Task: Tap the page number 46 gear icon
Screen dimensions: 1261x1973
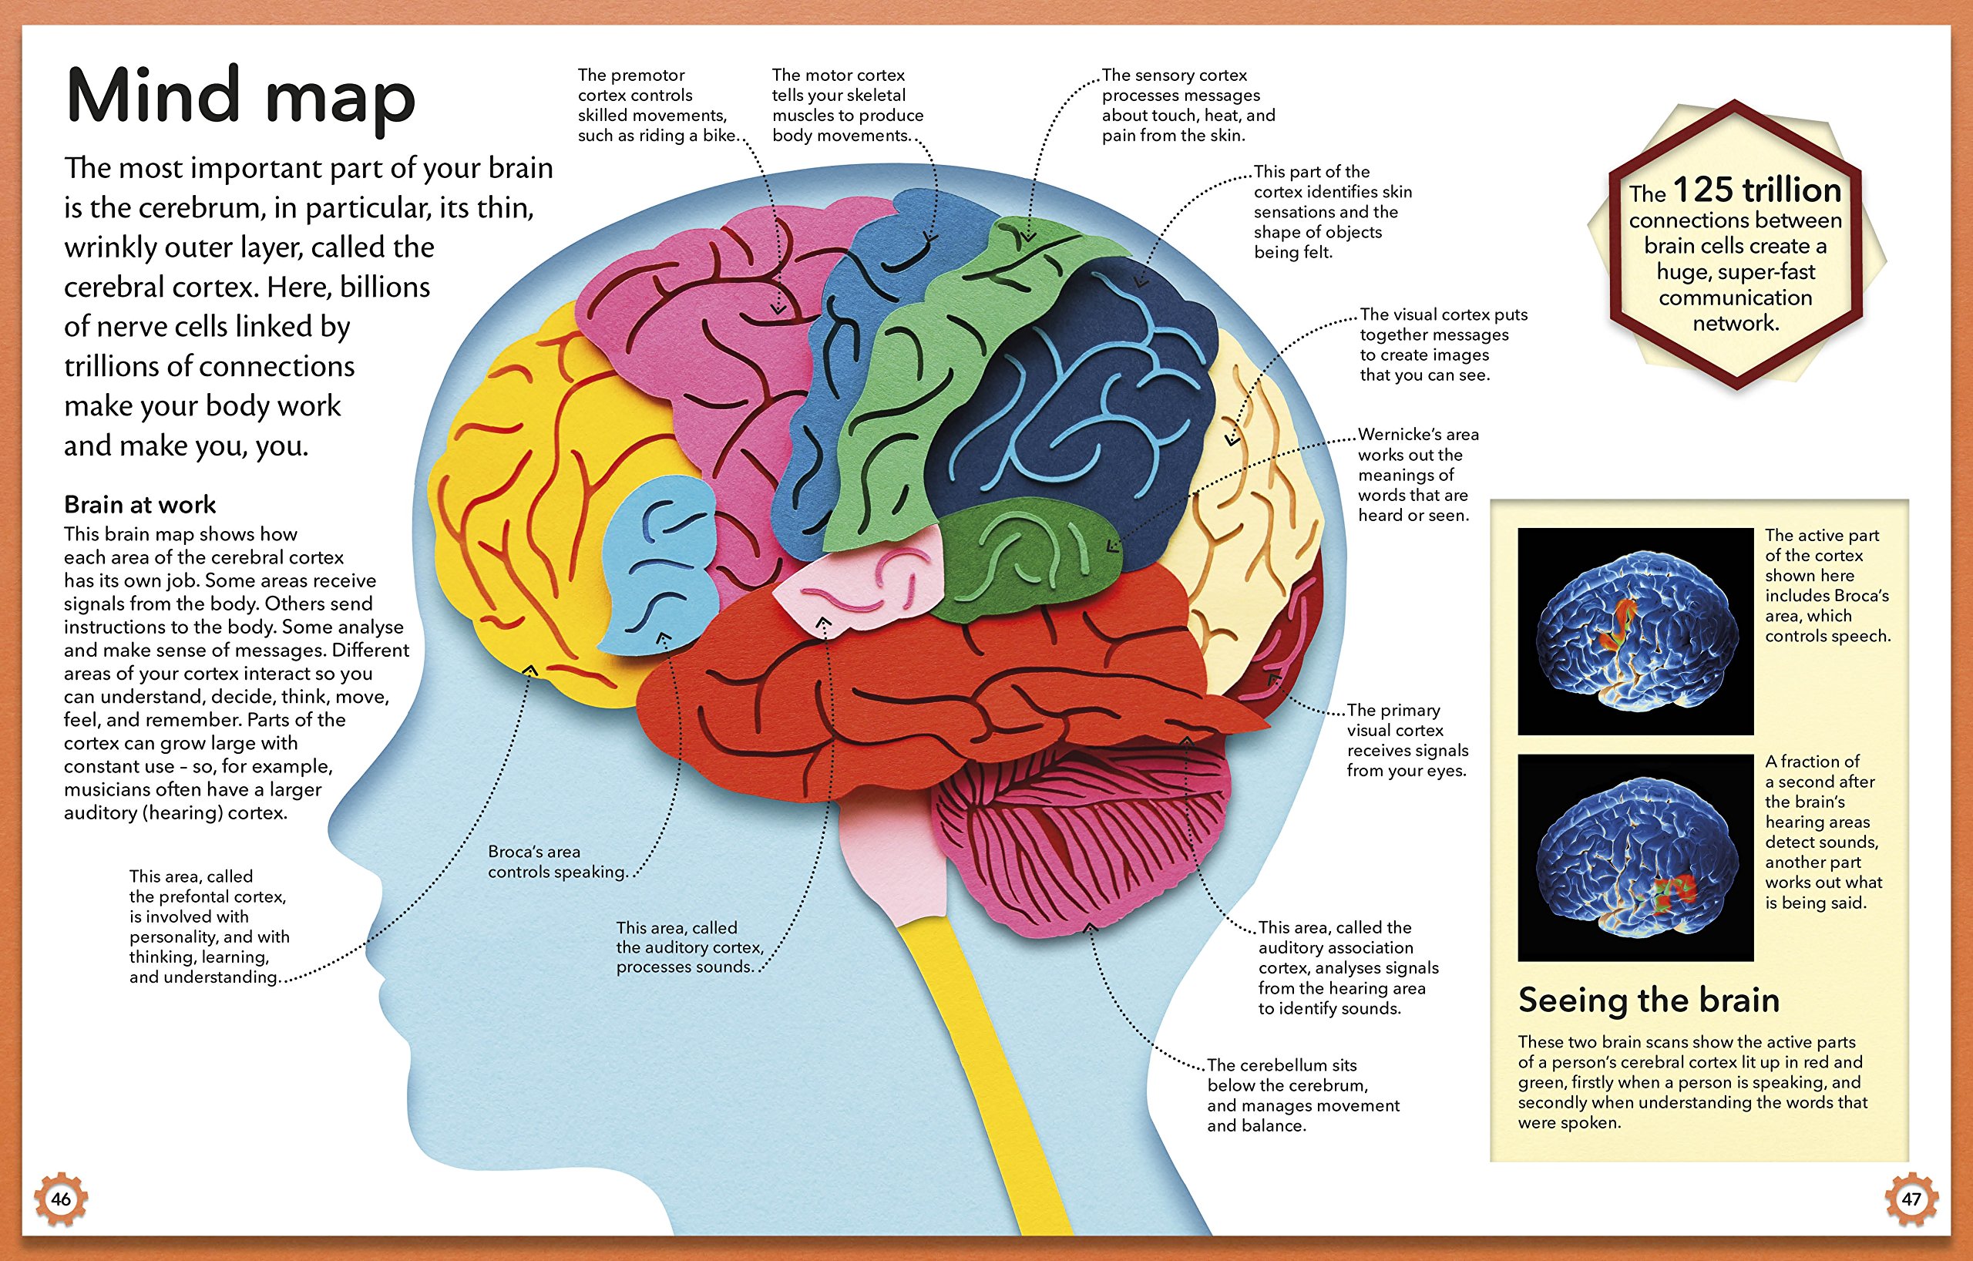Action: click(61, 1199)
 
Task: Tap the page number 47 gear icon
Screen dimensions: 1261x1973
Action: click(1911, 1199)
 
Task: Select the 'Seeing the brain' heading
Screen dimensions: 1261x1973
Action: click(1649, 1000)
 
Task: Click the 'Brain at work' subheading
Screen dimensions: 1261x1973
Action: click(140, 504)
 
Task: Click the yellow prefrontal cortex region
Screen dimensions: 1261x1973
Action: click(533, 508)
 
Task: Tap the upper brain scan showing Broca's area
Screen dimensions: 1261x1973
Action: click(1635, 631)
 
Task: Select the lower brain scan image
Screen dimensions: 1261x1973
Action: click(1635, 857)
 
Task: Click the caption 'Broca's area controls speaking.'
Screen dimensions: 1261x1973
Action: click(557, 862)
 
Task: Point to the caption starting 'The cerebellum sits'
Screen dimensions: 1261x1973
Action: click(1302, 1095)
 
